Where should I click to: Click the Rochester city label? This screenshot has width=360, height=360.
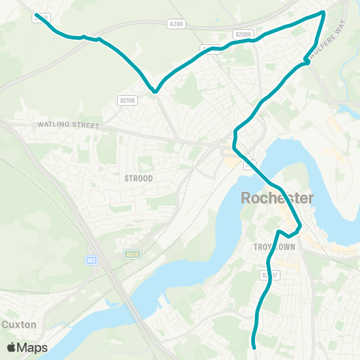point(277,199)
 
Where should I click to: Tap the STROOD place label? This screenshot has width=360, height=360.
point(139,178)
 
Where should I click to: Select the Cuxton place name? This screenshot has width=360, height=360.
point(19,325)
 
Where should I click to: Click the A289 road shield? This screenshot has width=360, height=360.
point(177,24)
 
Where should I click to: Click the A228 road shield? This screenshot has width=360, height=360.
point(132,254)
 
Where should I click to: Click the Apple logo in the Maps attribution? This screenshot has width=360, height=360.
point(12,347)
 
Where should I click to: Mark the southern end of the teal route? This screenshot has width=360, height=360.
point(254,346)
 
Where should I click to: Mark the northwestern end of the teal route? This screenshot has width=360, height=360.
point(37,14)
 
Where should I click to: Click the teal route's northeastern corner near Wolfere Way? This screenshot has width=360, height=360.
point(323,12)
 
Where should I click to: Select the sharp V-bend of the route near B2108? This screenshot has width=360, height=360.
point(154,91)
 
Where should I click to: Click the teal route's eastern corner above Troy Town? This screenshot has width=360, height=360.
point(300,225)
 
